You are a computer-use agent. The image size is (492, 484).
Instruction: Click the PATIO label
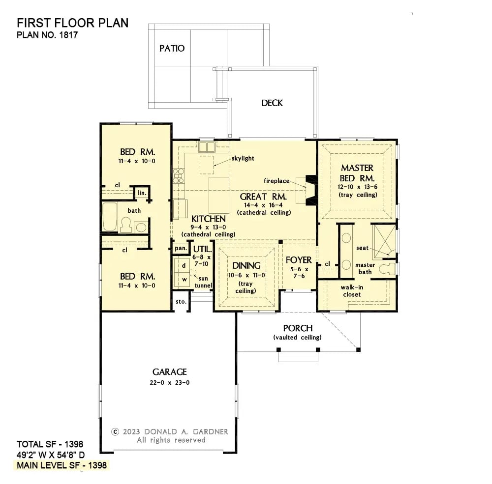point(172,48)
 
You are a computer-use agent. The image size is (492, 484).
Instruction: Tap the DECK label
point(272,103)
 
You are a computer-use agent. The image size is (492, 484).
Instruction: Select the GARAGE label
point(169,372)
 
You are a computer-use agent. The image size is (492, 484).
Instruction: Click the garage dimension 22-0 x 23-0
point(169,383)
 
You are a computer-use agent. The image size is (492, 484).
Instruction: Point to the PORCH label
point(298,328)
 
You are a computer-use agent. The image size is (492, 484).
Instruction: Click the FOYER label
point(299,260)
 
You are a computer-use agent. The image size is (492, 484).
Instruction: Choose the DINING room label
point(246,265)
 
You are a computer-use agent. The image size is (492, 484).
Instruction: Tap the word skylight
point(243,158)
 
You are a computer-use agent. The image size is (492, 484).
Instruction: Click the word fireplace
point(277,181)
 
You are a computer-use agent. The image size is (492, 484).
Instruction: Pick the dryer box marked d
point(184,266)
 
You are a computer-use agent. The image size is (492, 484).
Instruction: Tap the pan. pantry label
point(181,249)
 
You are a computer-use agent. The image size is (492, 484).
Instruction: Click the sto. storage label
point(181,301)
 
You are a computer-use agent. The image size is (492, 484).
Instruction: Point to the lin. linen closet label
point(142,193)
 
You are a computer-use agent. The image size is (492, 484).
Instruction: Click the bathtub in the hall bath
point(109,217)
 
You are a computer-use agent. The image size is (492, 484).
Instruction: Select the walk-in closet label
point(352,291)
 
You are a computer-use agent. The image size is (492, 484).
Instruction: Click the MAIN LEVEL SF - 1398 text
point(61,465)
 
